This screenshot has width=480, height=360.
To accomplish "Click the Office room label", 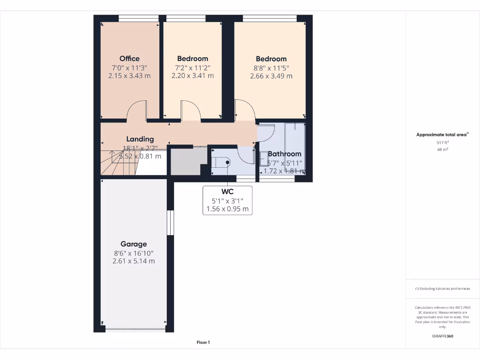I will pyautogui.click(x=129, y=59).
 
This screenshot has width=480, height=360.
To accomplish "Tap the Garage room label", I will pyautogui.click(x=134, y=244).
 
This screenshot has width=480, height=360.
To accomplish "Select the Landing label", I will pyautogui.click(x=140, y=139).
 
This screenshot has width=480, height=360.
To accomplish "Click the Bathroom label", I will pyautogui.click(x=284, y=154).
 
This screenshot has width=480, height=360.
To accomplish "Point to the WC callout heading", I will pyautogui.click(x=227, y=192).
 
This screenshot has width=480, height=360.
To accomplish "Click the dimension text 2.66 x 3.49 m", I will pyautogui.click(x=271, y=76).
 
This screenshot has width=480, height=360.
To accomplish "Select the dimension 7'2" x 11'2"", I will pyautogui.click(x=193, y=67).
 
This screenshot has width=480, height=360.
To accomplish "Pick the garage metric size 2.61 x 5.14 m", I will pyautogui.click(x=134, y=261).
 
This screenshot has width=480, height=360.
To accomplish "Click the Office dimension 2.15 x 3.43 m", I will pyautogui.click(x=129, y=75).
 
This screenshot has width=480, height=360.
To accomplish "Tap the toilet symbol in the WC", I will pyautogui.click(x=222, y=162).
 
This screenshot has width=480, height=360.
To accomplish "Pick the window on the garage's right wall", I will pyautogui.click(x=171, y=222).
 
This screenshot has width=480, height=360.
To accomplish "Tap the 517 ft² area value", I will pyautogui.click(x=442, y=142).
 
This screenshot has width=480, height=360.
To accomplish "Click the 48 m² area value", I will pyautogui.click(x=442, y=150).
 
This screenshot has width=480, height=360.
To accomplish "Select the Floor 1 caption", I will pyautogui.click(x=203, y=343).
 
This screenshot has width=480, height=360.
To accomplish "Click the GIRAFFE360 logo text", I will pyautogui.click(x=442, y=336).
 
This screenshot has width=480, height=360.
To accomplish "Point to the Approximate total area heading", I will pyautogui.click(x=442, y=135).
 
